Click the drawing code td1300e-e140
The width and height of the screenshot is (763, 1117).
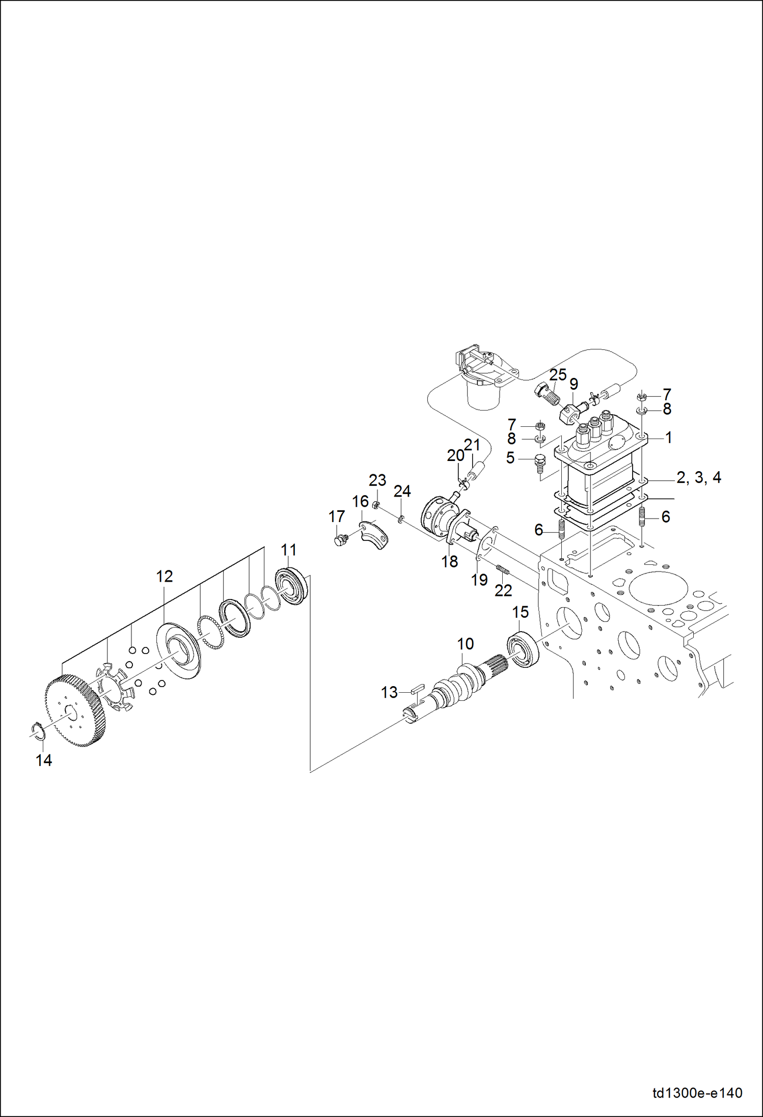point(697,1093)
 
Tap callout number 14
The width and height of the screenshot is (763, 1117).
point(44,760)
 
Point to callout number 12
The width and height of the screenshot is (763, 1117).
point(165,577)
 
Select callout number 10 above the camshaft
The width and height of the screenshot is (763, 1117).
point(465,644)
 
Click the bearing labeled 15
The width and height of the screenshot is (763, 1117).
point(524,649)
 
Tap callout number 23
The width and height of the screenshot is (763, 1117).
point(377,480)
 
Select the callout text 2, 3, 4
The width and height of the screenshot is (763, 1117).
point(698,478)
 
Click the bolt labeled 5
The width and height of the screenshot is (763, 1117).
point(540,464)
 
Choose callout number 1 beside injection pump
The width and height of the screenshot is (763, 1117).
point(668,438)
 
